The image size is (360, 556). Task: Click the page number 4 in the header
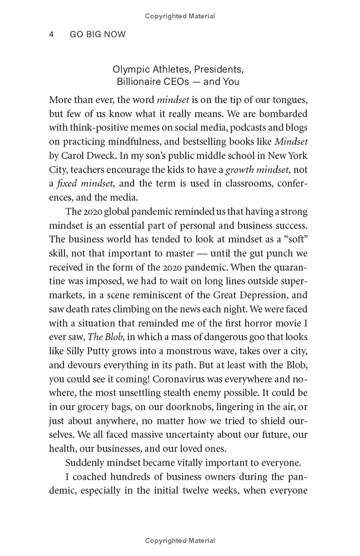pyautogui.click(x=52, y=35)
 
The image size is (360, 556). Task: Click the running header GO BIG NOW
pyautogui.click(x=98, y=35)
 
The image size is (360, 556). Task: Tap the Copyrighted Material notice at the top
pyautogui.click(x=180, y=16)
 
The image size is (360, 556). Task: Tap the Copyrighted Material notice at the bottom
pyautogui.click(x=180, y=541)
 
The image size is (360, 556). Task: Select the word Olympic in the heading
pyautogui.click(x=127, y=70)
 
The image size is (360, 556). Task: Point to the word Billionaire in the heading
pyautogui.click(x=137, y=82)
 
